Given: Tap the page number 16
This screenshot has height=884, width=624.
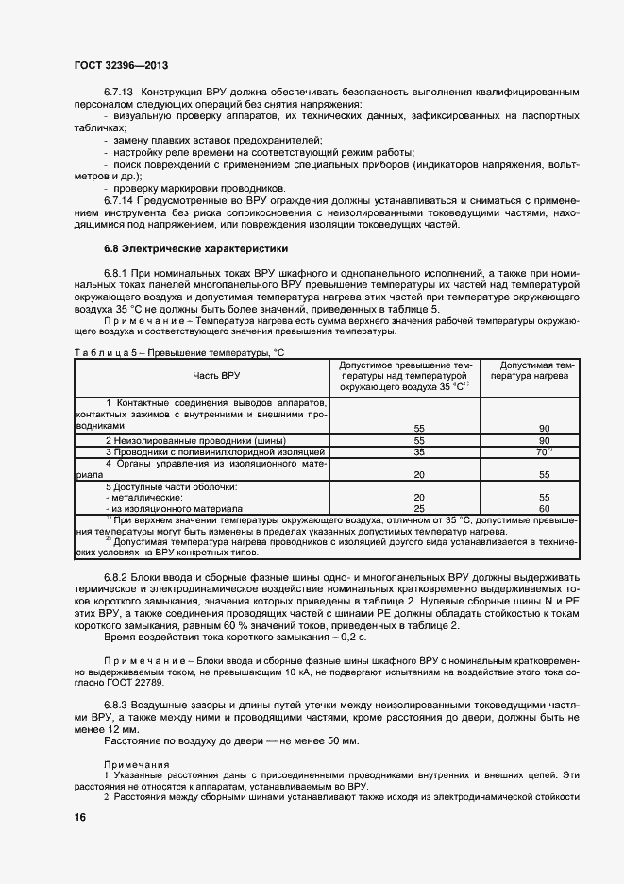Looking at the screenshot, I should tap(79, 818).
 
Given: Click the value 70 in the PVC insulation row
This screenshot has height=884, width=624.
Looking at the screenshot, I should tap(542, 451).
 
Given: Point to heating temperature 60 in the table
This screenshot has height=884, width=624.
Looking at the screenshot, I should tap(543, 507).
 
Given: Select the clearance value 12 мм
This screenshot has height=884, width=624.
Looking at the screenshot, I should tap(123, 730).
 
